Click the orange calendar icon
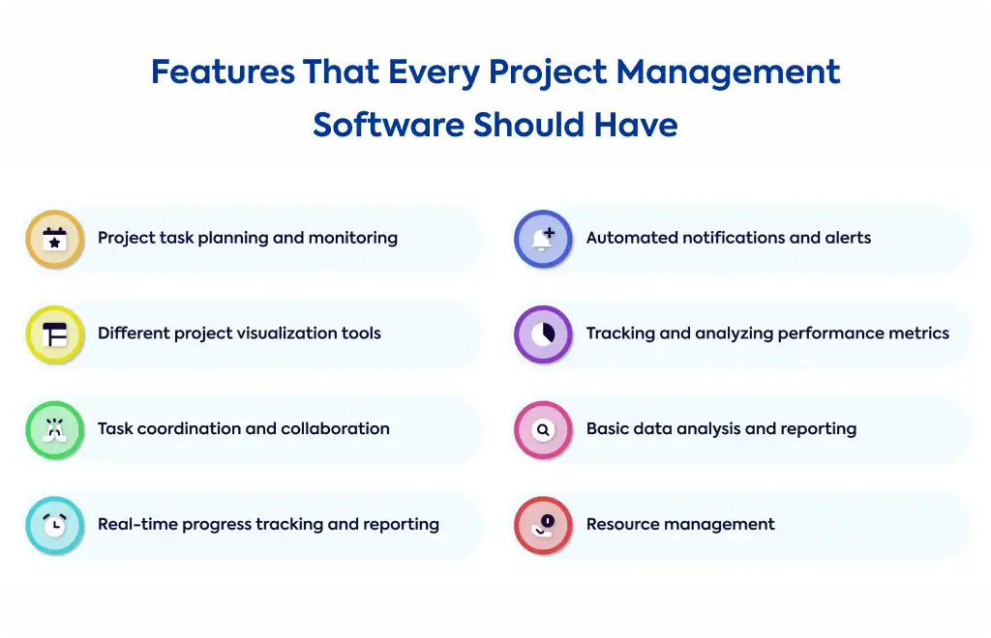click(55, 239)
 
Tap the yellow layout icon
click(55, 334)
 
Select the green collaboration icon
click(55, 430)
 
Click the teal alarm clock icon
click(55, 525)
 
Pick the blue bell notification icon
click(543, 239)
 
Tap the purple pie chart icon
click(543, 334)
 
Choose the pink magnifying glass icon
click(543, 430)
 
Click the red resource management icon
click(543, 525)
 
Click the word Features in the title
click(223, 72)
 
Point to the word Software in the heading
click(389, 125)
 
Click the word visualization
click(276, 333)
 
